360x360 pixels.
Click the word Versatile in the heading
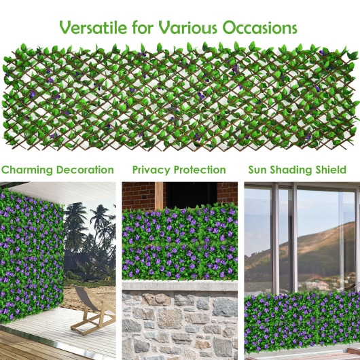pyautogui.click(x=93, y=28)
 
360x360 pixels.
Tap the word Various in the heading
pyautogui.click(x=187, y=28)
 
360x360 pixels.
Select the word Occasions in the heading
pyautogui.click(x=259, y=28)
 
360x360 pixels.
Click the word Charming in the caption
pyautogui.click(x=27, y=170)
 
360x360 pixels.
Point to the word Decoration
pyautogui.click(x=85, y=170)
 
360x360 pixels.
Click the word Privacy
pyautogui.click(x=151, y=170)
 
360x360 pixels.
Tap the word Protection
pyautogui.click(x=200, y=170)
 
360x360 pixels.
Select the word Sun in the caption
pyautogui.click(x=257, y=170)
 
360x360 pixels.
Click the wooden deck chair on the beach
pyautogui.click(x=94, y=309)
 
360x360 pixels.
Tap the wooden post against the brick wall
pyautogui.click(x=159, y=196)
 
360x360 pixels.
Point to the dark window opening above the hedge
pyautogui.click(x=192, y=195)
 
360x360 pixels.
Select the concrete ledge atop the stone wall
pyautogui.click(x=180, y=285)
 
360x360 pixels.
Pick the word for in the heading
pyautogui.click(x=143, y=28)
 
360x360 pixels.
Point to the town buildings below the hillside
pyautogui.click(x=321, y=284)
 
